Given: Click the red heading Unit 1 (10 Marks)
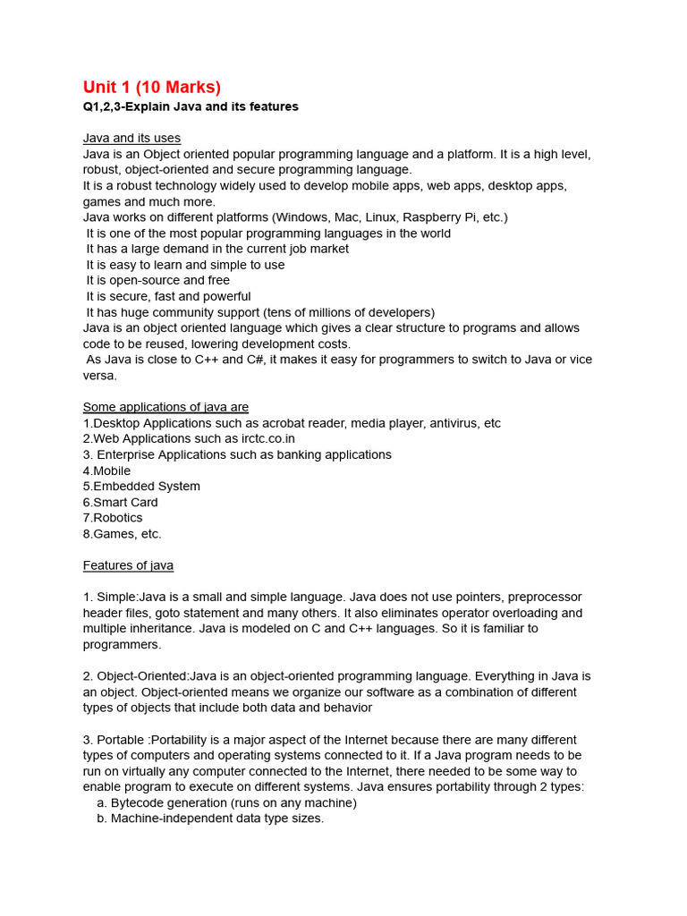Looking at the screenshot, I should pos(151,87).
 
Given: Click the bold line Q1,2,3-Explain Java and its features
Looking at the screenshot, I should pos(191,106).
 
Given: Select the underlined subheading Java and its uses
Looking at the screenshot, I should pos(131,138).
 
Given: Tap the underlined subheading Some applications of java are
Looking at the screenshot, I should pos(165,407).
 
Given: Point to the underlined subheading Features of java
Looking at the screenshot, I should pos(128,565).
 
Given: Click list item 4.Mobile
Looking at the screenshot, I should pos(106,471).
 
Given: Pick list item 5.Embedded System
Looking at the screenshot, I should pos(141,486).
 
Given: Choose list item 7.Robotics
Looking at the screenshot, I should pos(113,517).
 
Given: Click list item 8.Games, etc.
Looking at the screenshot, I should pos(122,534).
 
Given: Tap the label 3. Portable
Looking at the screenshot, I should pos(116,740).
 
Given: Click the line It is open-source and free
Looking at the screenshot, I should pos(157,280).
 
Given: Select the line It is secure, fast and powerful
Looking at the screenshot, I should pos(168,296).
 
